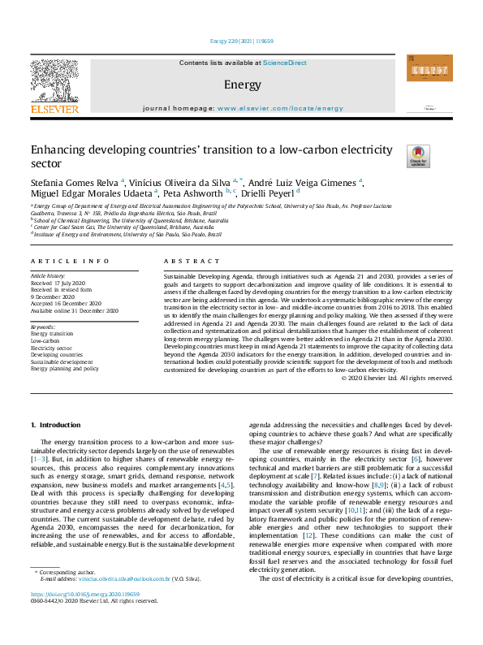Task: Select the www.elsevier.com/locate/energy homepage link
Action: click(280, 108)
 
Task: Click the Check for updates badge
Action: click(418, 155)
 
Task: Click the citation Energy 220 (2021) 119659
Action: click(241, 41)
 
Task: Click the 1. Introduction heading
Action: click(55, 426)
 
